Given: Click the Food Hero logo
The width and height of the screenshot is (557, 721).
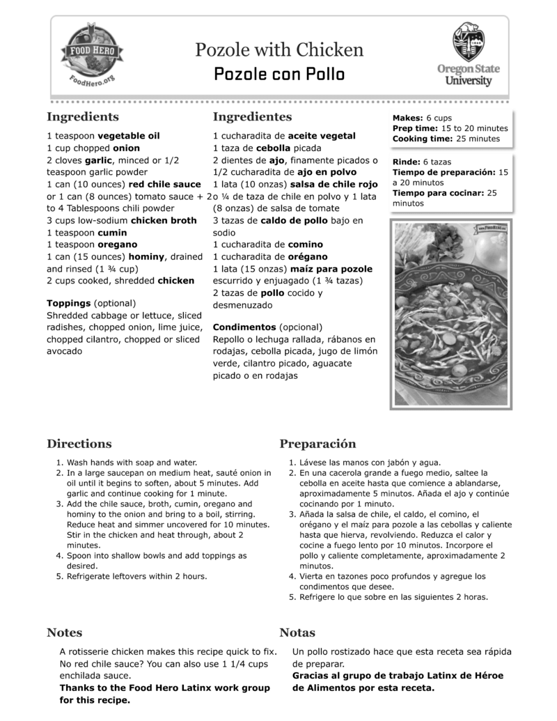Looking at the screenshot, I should point(93,56).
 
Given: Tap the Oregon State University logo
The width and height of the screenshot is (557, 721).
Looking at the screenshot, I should point(468,54).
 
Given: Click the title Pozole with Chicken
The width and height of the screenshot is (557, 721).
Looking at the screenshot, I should point(278,49).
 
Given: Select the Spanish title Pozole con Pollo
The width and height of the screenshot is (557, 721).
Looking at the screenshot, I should point(278,74).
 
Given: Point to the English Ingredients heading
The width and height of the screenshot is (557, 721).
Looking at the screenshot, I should point(82,117).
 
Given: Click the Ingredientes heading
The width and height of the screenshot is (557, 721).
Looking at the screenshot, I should point(252,117).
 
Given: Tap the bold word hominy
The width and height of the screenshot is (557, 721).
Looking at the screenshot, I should point(147,256).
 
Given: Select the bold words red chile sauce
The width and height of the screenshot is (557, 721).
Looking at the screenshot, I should point(164,184).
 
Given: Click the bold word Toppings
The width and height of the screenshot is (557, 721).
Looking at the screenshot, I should point(68,304).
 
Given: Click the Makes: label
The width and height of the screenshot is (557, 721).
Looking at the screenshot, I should point(407,118).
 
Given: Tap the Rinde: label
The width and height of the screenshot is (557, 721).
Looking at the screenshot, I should point(407,162).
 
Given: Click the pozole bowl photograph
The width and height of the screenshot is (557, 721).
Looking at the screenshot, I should point(451,315).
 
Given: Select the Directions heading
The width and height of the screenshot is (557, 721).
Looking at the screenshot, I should point(79,444).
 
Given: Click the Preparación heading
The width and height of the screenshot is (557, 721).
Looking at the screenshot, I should point(317,444).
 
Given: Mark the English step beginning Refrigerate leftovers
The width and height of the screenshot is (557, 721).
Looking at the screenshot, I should point(136,576).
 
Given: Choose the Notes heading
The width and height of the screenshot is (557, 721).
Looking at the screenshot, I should point(64,633).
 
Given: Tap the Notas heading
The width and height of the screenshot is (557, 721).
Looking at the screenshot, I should point(297,633).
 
